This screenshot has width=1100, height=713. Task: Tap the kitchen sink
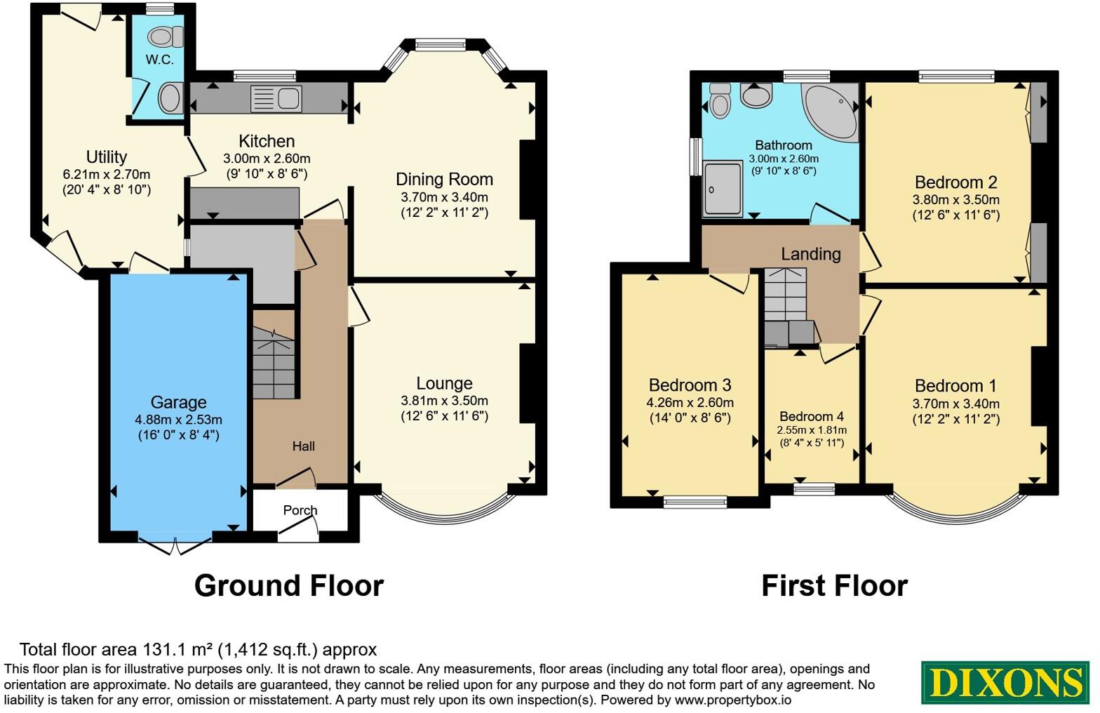coord(276,99)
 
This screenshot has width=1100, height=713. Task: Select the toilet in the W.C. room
coord(166,36)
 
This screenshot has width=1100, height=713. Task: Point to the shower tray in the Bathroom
coord(723,189)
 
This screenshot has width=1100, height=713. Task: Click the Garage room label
coord(178,402)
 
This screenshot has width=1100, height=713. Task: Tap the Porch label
coord(300,510)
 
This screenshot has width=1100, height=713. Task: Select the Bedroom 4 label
coord(811,416)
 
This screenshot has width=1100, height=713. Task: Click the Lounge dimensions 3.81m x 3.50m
coord(445,401)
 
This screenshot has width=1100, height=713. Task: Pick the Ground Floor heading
coord(289,586)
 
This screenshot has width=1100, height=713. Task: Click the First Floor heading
coord(834,586)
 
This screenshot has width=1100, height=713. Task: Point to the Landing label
coord(811,254)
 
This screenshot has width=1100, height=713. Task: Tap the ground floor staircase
coord(274,363)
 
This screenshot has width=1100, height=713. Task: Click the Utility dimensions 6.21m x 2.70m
coord(107,175)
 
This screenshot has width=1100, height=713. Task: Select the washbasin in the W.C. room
coord(170,98)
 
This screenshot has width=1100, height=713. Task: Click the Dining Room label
coord(445,180)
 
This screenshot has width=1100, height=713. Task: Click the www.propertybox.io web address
coord(732,700)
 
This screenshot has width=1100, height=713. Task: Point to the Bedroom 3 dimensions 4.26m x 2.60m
coord(690,402)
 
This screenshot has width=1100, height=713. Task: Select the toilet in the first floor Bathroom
coord(720,101)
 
